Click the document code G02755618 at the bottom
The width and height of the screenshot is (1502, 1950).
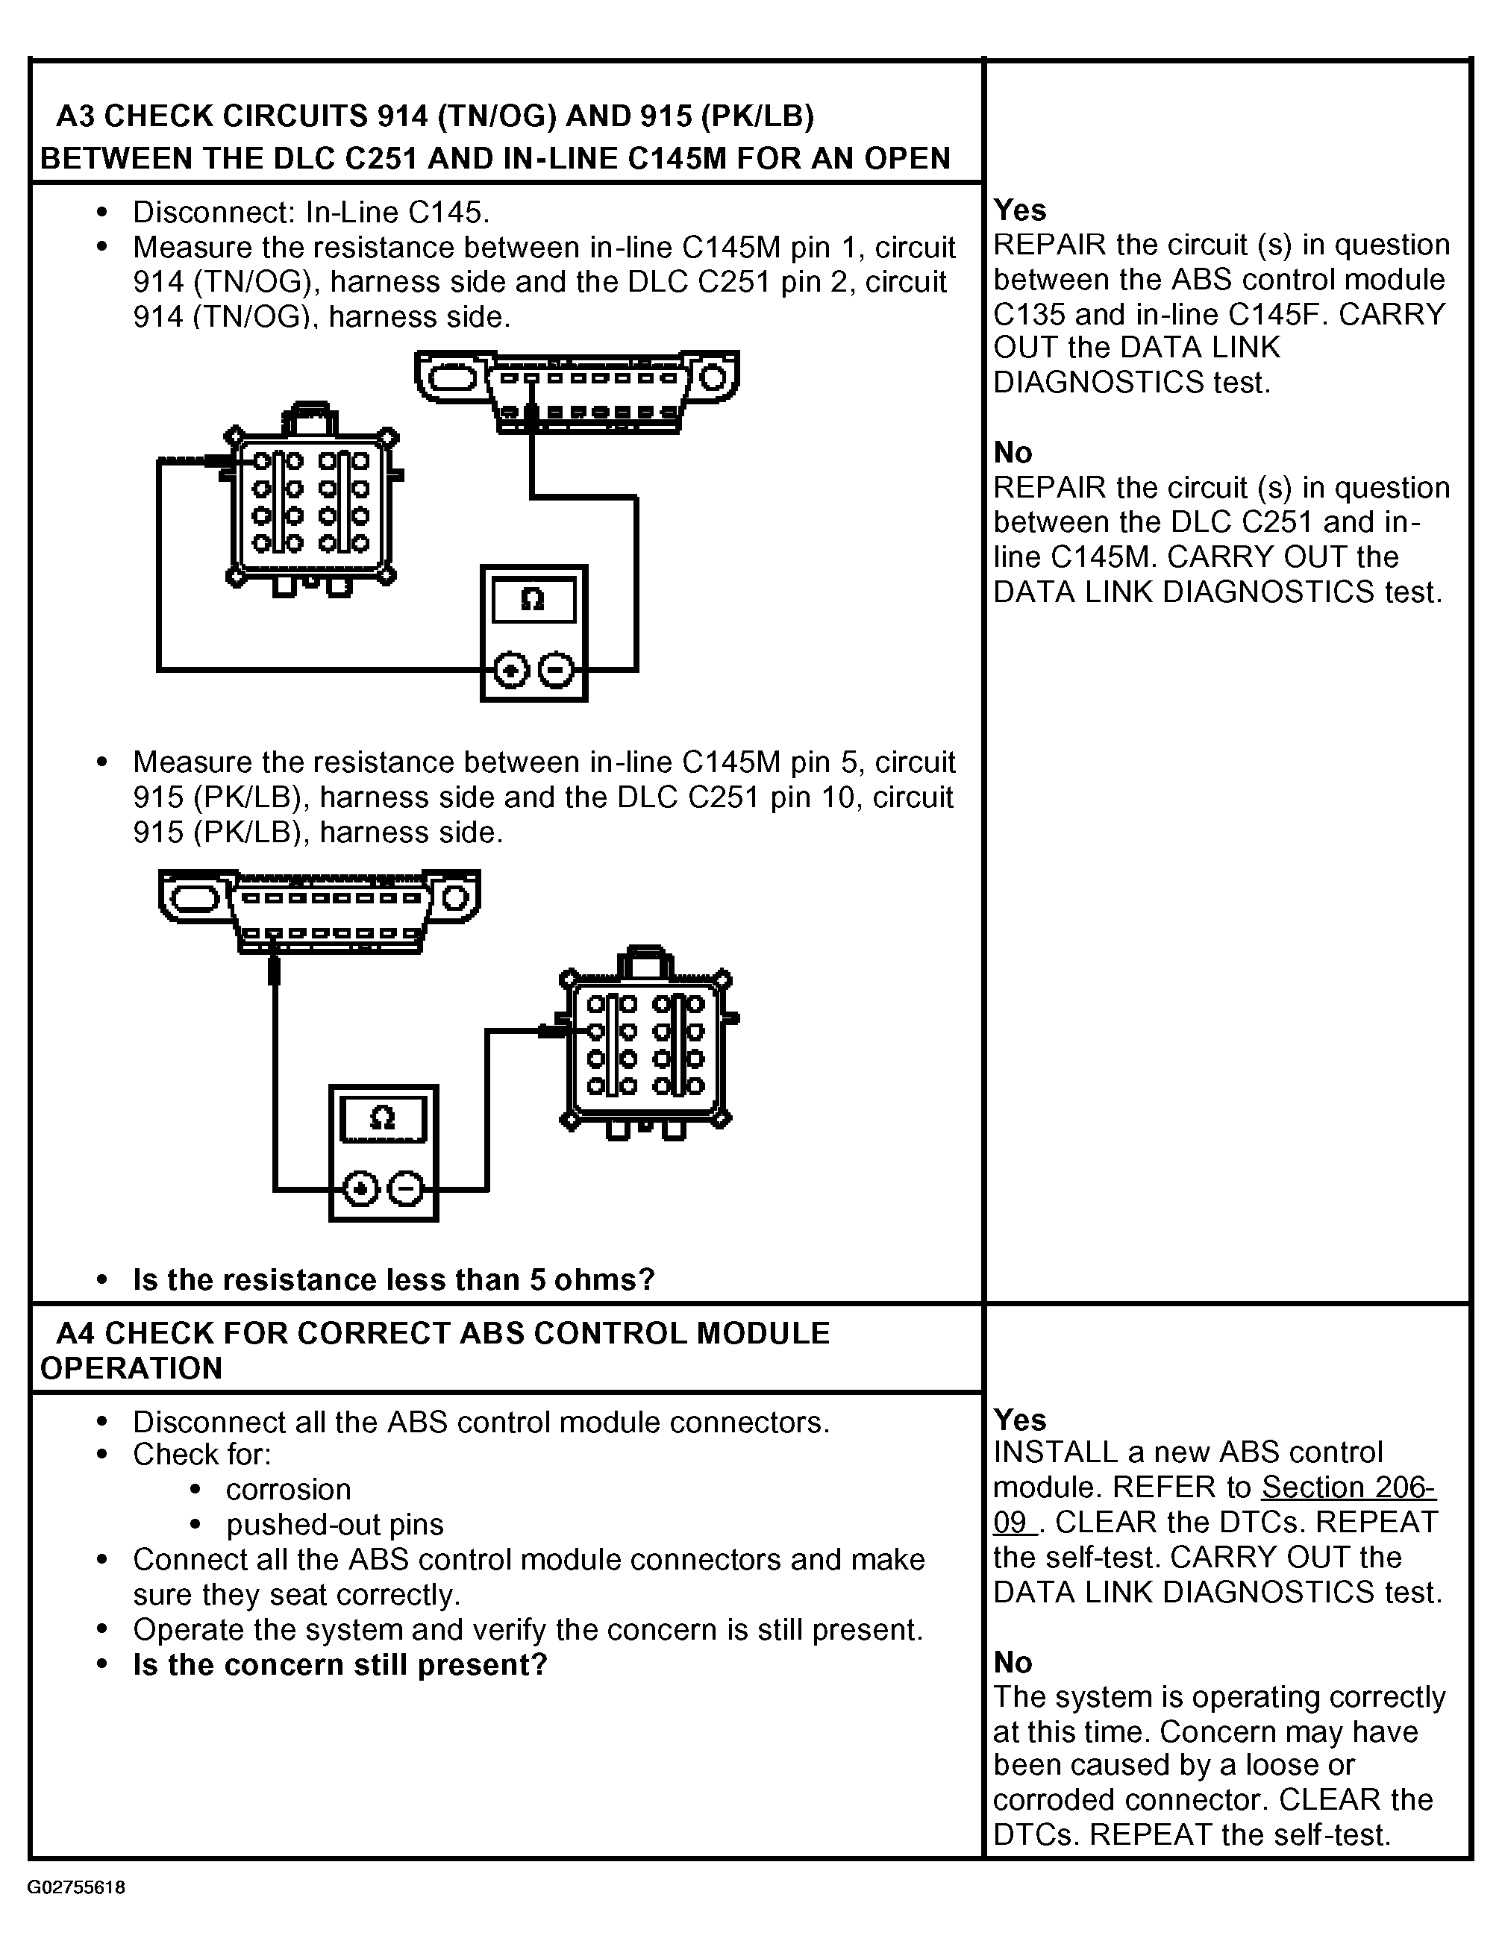(75, 1887)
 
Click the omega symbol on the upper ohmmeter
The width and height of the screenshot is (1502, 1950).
(532, 599)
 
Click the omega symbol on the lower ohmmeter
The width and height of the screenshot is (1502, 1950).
(382, 1118)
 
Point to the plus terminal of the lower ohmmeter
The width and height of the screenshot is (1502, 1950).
(360, 1189)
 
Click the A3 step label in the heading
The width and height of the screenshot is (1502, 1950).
(75, 116)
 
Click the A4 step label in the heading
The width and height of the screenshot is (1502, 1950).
(75, 1333)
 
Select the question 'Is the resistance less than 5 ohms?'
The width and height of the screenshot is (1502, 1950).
(394, 1279)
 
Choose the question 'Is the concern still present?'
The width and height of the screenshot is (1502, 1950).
(339, 1664)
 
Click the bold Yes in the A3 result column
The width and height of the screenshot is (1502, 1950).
(1019, 210)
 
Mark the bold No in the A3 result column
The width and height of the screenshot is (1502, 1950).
(1013, 453)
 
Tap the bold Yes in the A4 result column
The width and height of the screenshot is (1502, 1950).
(1019, 1420)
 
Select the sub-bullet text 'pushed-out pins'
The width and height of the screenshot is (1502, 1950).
(334, 1524)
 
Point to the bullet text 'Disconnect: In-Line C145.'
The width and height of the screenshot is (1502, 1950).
(310, 213)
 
